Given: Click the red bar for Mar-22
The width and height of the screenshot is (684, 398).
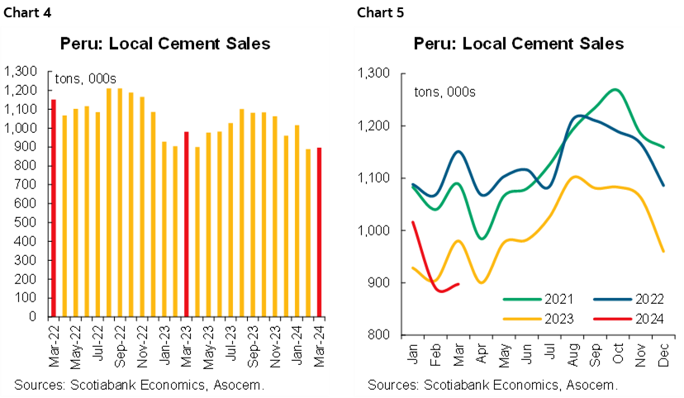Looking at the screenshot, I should [54, 208].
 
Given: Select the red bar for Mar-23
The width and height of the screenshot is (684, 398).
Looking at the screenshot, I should [187, 224].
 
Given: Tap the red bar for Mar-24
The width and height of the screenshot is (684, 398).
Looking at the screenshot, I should [320, 232].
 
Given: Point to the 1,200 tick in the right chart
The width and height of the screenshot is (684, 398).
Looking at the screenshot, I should [371, 126].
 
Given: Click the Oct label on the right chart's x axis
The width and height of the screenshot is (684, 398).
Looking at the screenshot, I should [615, 353].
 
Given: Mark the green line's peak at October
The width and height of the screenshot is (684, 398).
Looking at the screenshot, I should [615, 89].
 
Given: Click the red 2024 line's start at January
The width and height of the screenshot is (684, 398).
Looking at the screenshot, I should [411, 222].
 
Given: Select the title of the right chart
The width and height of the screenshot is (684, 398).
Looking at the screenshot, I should [519, 44].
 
